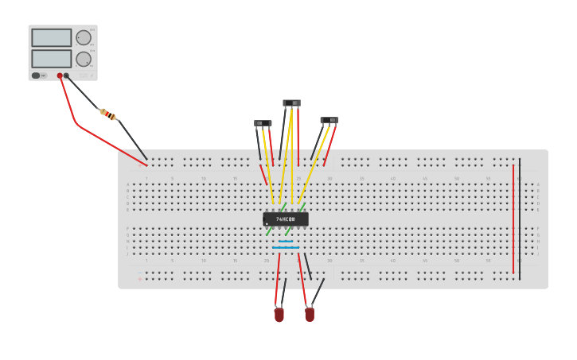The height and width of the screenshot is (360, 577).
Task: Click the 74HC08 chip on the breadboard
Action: point(285,219)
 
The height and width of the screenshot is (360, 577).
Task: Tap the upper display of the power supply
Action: point(51,37)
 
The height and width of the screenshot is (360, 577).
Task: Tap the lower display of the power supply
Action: point(51,59)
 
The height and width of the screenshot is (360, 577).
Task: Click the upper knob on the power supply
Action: point(84,37)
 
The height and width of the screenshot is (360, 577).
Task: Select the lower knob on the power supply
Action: point(84,59)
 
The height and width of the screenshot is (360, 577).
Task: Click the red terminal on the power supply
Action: point(60,75)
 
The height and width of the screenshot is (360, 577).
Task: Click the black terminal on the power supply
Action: point(66,75)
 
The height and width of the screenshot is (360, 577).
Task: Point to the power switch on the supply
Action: point(36,75)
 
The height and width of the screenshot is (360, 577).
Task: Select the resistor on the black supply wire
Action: point(107,114)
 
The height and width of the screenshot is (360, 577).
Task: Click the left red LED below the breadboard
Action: point(279,315)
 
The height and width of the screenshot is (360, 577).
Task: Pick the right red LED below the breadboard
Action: point(310,314)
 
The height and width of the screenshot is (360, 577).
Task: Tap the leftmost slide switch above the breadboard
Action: point(263,123)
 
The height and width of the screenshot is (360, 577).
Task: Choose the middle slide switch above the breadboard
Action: point(291,103)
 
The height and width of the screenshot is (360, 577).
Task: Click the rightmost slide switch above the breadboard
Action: point(329,120)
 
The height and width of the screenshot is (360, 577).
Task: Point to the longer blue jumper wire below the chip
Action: point(286,248)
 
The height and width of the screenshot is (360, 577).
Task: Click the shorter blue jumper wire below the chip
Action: point(286,241)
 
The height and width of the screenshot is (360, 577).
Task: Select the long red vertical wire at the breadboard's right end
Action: point(513,219)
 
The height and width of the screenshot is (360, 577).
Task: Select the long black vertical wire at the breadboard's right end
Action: point(520,219)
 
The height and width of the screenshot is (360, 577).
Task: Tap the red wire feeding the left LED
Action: point(278,278)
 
